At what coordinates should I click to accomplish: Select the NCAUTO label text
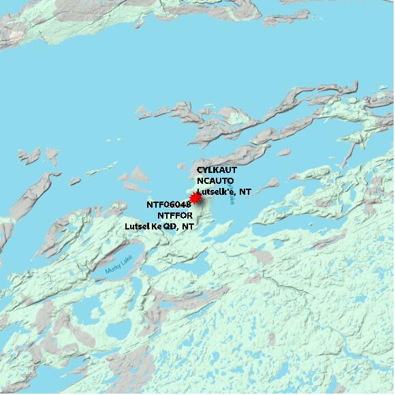(215, 180)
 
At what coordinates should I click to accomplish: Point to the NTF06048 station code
(169, 204)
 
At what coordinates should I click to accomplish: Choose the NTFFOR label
(175, 215)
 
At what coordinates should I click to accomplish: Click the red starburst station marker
(196, 198)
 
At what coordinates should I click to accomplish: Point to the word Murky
(112, 268)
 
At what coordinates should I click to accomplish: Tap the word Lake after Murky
(127, 259)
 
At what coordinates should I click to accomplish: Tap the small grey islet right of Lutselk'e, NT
(271, 183)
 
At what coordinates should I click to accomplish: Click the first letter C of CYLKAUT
(200, 169)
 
